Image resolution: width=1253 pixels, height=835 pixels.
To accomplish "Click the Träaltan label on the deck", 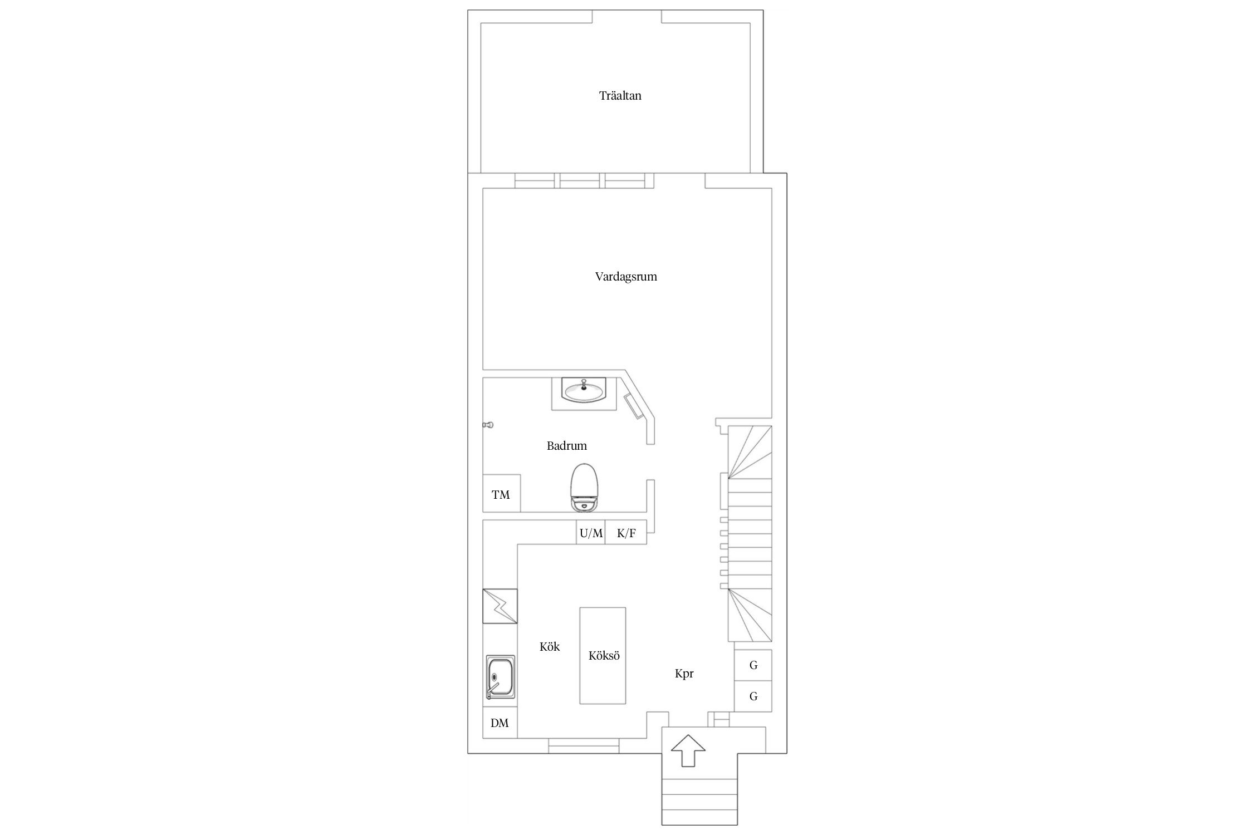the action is (x=620, y=96).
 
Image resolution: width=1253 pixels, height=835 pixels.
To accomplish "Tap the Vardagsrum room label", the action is (x=626, y=277).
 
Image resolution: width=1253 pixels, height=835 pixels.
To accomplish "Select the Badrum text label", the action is (x=566, y=446).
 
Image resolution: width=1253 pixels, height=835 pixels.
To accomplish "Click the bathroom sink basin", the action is (x=584, y=391).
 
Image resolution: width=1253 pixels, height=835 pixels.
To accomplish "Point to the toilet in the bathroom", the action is (x=584, y=487).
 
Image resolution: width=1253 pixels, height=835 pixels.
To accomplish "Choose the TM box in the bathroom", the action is (x=501, y=493).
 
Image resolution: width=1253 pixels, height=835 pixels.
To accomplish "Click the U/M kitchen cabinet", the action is (x=591, y=533).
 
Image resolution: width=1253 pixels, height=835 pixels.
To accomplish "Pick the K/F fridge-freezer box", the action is (x=626, y=533).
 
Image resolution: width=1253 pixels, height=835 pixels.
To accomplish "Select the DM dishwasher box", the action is (x=500, y=723).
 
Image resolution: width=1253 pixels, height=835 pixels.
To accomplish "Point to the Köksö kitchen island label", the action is (x=604, y=656).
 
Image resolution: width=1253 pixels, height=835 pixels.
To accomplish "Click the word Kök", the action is (x=550, y=647).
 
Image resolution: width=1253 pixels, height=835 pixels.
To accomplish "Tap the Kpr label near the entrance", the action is (x=684, y=674).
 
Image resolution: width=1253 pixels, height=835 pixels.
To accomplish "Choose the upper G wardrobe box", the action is (x=753, y=665).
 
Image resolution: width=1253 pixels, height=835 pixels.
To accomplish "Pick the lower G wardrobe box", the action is (x=753, y=696).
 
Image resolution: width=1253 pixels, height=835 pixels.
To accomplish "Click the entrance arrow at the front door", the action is (x=688, y=750).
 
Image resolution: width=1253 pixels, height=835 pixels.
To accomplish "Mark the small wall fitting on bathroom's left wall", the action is (x=488, y=425).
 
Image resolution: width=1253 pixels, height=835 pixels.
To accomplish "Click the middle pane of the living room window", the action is (x=580, y=181).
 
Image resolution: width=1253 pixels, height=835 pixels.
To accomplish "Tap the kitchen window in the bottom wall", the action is (x=584, y=746).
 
